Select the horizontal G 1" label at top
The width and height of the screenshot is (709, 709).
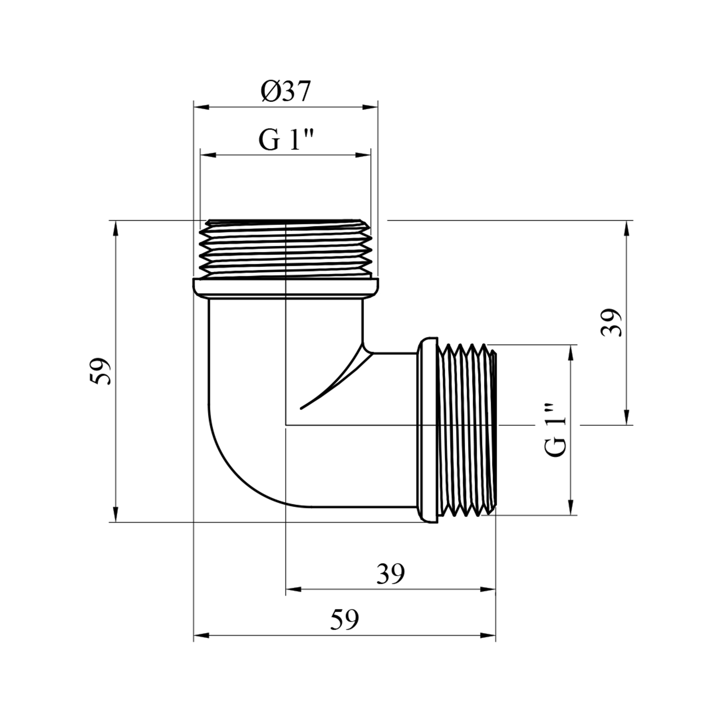tap(286, 140)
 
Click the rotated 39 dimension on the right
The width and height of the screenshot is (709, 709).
tap(611, 322)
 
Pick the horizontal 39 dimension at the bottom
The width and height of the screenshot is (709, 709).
tap(390, 574)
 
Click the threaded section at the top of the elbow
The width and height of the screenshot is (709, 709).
tap(285, 249)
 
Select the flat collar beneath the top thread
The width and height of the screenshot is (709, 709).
tap(285, 288)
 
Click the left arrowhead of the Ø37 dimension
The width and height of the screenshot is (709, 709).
tap(201, 107)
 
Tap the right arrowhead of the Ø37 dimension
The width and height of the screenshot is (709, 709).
tap(371, 107)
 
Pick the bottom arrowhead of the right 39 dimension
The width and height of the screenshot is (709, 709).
tap(627, 418)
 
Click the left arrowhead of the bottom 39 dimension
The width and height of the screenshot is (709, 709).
tap(294, 589)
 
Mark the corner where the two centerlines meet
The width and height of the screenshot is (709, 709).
tap(286, 425)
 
